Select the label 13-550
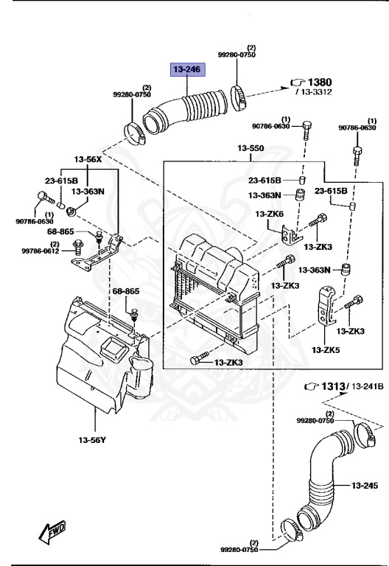tap(250, 149)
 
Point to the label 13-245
tap(365, 486)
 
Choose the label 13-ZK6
tap(270, 214)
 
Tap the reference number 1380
tap(320, 82)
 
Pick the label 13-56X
tap(88, 159)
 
